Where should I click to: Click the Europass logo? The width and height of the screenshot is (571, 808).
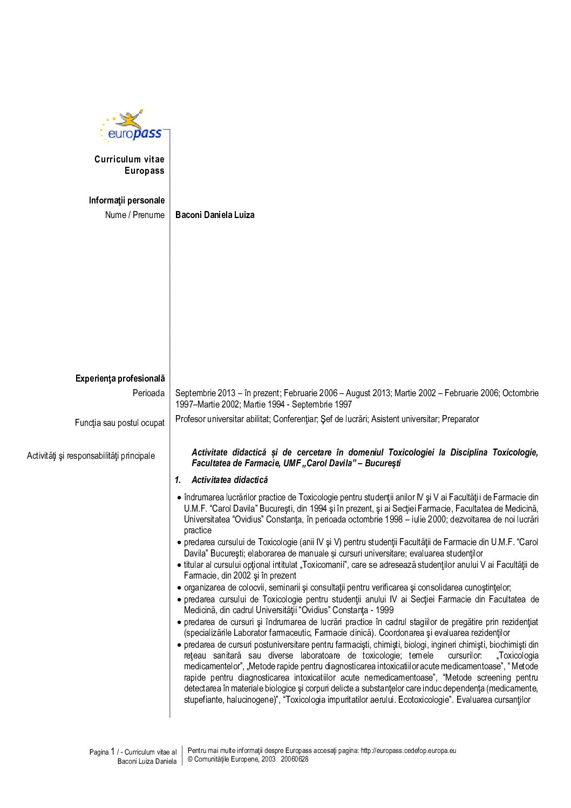pos(133,126)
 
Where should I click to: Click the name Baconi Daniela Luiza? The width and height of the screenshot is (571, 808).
pos(215,215)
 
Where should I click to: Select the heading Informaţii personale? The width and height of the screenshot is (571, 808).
pos(127,200)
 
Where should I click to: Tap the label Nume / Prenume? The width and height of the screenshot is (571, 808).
pos(135,215)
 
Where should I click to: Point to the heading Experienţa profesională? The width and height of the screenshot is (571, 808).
pos(120,378)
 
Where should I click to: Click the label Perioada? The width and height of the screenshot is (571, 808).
pos(148,393)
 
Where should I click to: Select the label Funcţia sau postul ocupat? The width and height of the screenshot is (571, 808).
pos(120,423)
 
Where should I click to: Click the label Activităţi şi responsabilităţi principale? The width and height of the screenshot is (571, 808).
pos(91,456)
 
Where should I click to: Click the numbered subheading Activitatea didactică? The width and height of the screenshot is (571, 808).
pos(229,480)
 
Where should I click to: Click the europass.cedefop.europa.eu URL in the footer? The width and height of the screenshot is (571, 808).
pos(409,750)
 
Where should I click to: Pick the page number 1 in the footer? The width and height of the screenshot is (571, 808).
pos(113,751)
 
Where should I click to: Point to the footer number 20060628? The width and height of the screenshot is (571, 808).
pos(295,759)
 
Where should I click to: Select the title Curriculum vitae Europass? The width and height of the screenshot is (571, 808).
pos(130,165)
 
